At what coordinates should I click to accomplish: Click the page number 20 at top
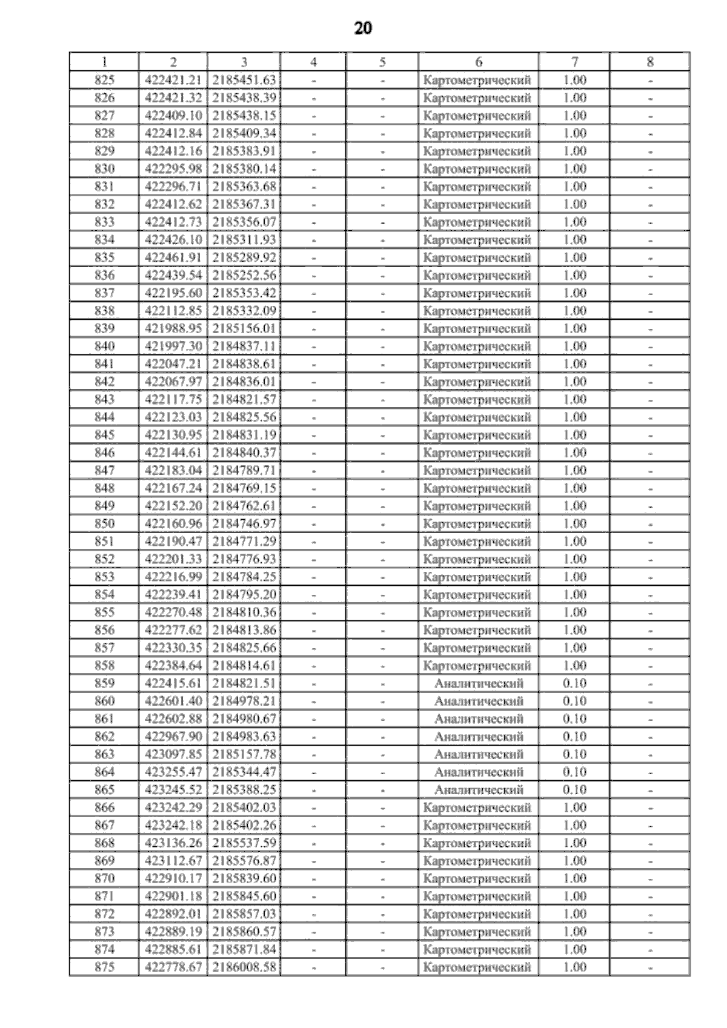pyautogui.click(x=363, y=28)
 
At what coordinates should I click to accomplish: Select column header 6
pyautogui.click(x=479, y=62)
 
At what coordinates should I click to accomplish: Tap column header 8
pyautogui.click(x=650, y=62)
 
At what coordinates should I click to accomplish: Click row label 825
pyautogui.click(x=105, y=80)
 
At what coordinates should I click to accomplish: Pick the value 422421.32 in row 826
pyautogui.click(x=173, y=98)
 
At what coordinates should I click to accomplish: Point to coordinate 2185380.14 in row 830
pyautogui.click(x=244, y=168)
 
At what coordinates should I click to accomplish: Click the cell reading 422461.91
pyautogui.click(x=173, y=257)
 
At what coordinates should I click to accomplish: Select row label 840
pyautogui.click(x=105, y=346)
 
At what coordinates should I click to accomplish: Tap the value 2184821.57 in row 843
pyautogui.click(x=244, y=399)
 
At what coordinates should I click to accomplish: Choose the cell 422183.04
pyautogui.click(x=173, y=470)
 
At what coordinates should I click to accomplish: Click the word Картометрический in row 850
pyautogui.click(x=477, y=523)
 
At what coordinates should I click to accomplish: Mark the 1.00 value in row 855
pyautogui.click(x=575, y=612)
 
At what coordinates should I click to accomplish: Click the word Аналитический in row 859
pyautogui.click(x=479, y=683)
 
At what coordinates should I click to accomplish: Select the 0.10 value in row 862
pyautogui.click(x=575, y=736)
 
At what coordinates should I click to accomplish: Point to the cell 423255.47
pyautogui.click(x=173, y=772)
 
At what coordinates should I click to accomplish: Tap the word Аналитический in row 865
pyautogui.click(x=479, y=789)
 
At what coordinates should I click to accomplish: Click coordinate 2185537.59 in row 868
pyautogui.click(x=244, y=843)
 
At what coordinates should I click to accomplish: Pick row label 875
pyautogui.click(x=105, y=967)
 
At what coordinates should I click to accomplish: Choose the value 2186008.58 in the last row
pyautogui.click(x=244, y=967)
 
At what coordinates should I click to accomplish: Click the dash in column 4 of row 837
pyautogui.click(x=313, y=293)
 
